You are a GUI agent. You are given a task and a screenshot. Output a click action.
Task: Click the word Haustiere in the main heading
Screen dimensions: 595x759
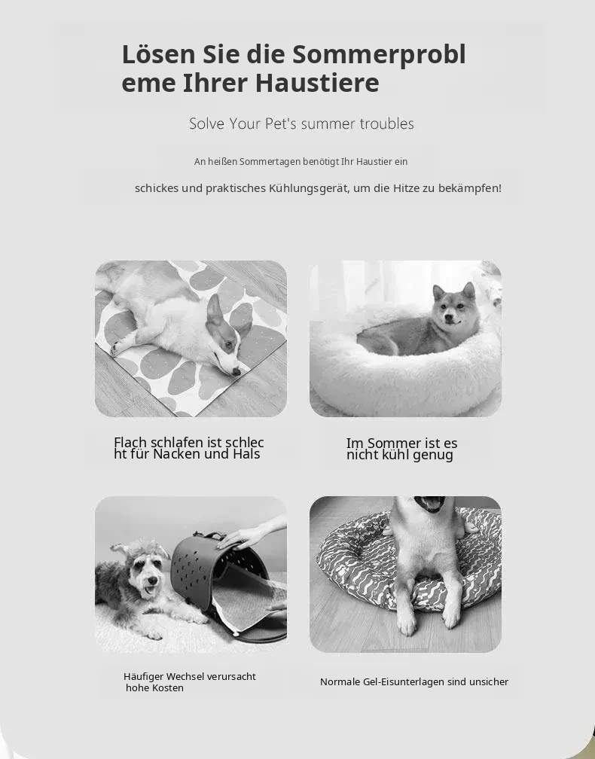pos(317,82)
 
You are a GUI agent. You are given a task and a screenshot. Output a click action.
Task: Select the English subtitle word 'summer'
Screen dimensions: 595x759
pos(328,124)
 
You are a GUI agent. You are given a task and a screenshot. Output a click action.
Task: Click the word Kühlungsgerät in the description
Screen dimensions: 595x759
pos(308,187)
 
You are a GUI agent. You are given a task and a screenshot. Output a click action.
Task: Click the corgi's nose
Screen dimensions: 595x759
pos(236,371)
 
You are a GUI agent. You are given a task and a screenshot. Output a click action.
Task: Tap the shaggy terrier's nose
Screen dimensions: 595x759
pos(151,580)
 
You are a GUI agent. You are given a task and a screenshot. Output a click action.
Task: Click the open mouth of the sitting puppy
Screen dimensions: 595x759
pos(430,504)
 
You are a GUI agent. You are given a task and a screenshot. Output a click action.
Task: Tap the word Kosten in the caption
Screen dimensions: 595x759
pos(169,688)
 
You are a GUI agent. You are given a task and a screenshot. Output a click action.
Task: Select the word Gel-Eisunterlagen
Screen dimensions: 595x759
pos(403,682)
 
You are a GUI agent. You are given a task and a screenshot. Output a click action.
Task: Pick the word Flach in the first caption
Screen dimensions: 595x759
pos(131,443)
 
